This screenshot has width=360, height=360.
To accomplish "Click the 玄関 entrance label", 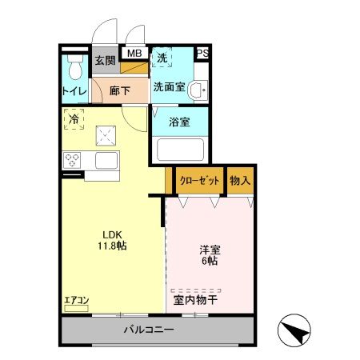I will click(x=104, y=60).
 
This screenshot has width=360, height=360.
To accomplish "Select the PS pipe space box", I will click(x=203, y=54).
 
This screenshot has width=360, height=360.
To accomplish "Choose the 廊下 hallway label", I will click(x=120, y=90).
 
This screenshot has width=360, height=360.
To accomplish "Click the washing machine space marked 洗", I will click(x=162, y=58).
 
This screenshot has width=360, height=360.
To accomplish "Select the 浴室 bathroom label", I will click(x=179, y=122).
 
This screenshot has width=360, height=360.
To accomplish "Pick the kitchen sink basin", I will click(x=106, y=160).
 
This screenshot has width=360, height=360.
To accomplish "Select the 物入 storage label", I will click(x=239, y=180).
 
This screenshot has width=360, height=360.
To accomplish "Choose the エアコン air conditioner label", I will click(x=77, y=301).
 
